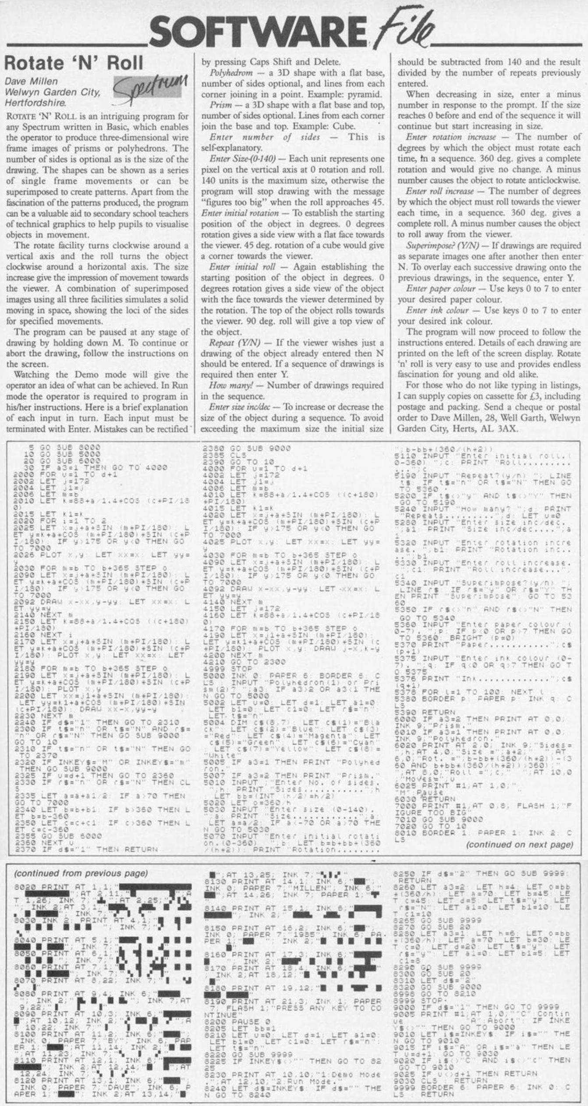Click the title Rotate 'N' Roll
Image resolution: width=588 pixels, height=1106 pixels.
(74, 63)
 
